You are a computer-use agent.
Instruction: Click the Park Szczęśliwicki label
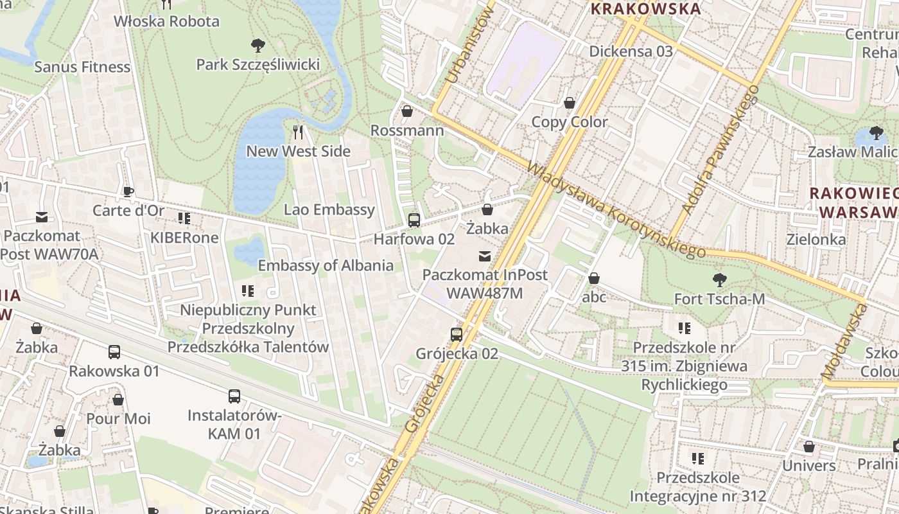pos(257,65)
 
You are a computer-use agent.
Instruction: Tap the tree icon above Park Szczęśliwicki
pos(257,46)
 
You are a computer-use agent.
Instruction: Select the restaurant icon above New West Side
pos(298,132)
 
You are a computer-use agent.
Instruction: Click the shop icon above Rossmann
pos(406,111)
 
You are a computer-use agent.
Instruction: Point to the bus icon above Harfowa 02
pos(414,220)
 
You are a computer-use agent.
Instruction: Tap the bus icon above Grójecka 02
pos(457,334)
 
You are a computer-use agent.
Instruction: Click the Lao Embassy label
pos(329,209)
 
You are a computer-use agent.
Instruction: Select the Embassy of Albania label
pos(326,265)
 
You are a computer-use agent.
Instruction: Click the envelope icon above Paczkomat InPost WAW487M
pos(485,256)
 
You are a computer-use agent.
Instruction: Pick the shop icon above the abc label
pos(594,278)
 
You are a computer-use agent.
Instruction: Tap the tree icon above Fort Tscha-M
pos(719,279)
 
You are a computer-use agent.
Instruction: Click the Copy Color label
pos(569,122)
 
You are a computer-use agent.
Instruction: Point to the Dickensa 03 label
pos(631,51)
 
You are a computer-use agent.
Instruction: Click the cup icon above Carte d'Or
pos(128,191)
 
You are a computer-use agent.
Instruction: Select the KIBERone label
pos(184,238)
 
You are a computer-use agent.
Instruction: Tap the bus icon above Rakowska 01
pos(114,352)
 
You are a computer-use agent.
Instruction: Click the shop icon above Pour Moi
pos(118,400)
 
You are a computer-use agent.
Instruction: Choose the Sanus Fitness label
pos(82,67)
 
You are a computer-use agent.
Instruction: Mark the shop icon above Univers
pos(808,447)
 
